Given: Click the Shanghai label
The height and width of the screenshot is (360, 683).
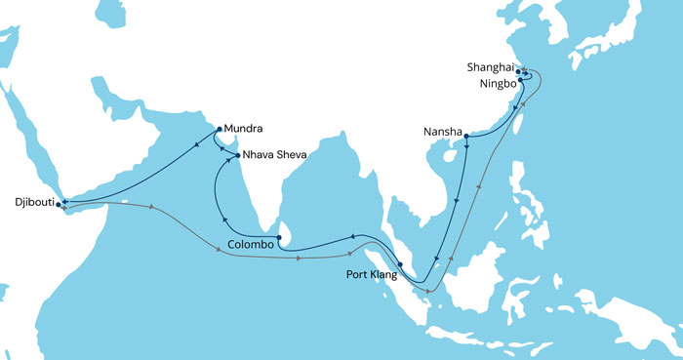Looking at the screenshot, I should tap(490, 68).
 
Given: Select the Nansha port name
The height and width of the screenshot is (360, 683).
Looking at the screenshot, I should tap(442, 132).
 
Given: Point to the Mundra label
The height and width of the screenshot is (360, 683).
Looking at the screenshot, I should tap(244, 128).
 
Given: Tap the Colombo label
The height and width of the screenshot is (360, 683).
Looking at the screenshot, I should tap(249, 245).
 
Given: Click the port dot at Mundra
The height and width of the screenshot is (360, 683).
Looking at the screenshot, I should tap(218, 129).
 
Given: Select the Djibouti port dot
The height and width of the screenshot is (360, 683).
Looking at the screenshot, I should tap(60, 204).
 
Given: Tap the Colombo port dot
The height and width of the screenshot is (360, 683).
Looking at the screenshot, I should tap(279, 237).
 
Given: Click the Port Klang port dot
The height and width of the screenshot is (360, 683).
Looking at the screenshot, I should tap(400, 264).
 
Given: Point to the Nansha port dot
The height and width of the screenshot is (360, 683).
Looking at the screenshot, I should tap(467, 136).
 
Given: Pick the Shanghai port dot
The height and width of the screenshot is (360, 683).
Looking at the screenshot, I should tap(518, 71).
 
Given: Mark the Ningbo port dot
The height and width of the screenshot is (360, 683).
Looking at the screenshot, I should tap(520, 81).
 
